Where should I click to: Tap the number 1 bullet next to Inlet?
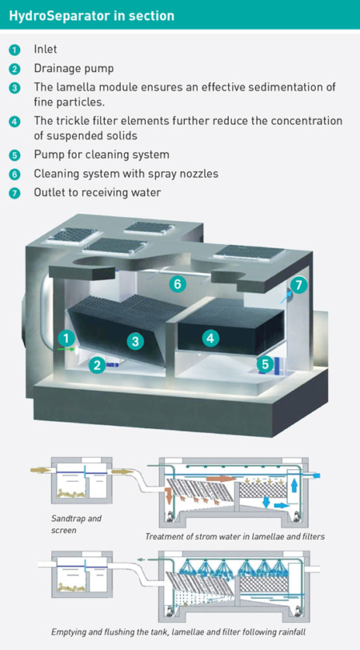point(14,50)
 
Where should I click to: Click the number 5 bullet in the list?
point(14,155)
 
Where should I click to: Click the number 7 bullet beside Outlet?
point(14,193)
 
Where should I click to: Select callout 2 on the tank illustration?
point(97,365)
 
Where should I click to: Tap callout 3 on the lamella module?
point(137,341)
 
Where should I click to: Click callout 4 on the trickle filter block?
point(210,338)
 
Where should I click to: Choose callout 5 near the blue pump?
point(263,363)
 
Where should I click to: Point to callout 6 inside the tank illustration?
point(178,283)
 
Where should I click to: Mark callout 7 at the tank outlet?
point(298,284)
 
